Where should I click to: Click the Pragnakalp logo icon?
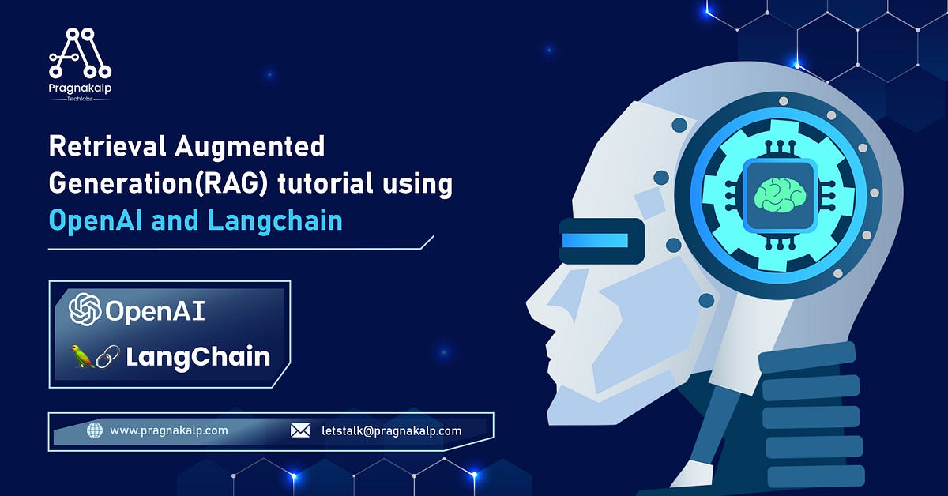click(80, 54)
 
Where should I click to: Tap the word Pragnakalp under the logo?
click(80, 88)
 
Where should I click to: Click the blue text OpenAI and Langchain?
click(195, 220)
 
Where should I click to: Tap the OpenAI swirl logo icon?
click(85, 310)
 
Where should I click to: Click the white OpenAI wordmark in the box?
click(155, 311)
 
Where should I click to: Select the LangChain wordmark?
click(197, 357)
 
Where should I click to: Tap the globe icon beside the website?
click(95, 430)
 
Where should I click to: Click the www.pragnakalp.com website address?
click(168, 430)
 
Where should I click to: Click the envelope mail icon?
click(299, 430)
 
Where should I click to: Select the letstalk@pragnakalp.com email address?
click(391, 431)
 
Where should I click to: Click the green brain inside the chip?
click(780, 194)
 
